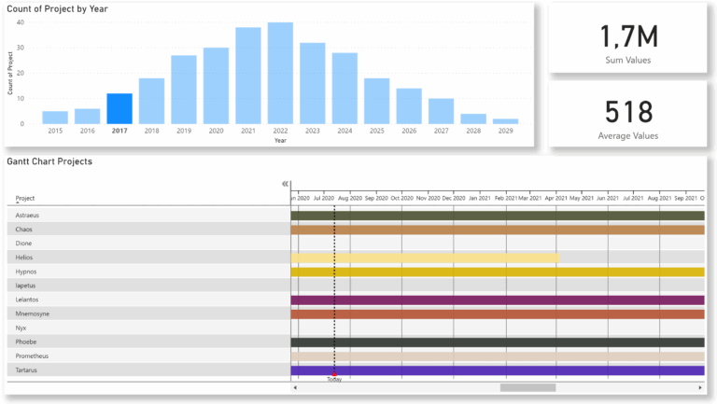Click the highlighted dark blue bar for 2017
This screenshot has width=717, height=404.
click(x=119, y=108)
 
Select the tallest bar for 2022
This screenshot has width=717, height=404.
click(x=280, y=74)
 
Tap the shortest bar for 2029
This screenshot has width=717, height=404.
click(x=505, y=120)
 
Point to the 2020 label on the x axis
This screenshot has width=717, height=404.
click(x=216, y=131)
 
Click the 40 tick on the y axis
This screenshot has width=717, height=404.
click(x=21, y=21)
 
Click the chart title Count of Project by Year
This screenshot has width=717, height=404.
click(x=57, y=8)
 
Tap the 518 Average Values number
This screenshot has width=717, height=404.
click(x=627, y=111)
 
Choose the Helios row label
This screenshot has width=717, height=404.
click(x=26, y=257)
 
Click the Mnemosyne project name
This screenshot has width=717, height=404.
click(x=34, y=313)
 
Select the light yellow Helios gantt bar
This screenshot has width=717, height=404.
click(x=425, y=258)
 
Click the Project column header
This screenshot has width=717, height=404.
click(x=25, y=198)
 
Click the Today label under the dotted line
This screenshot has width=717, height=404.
click(x=334, y=379)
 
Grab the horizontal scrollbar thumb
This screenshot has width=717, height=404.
click(x=527, y=387)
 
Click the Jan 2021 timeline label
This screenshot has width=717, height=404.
click(x=479, y=198)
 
